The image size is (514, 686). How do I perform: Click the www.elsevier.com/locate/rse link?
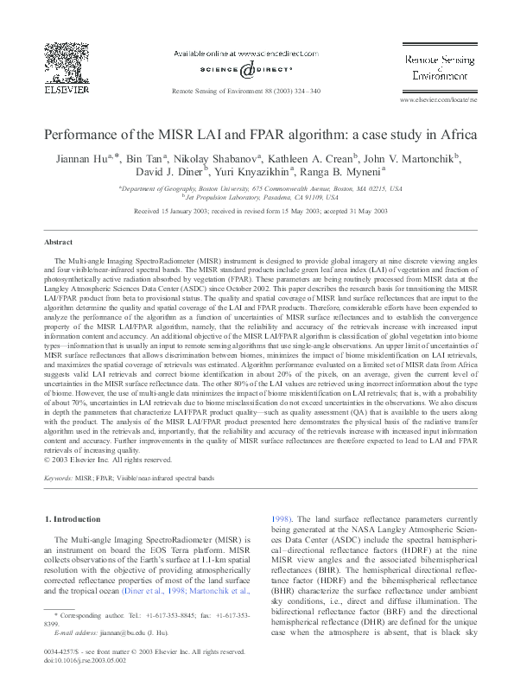point(436,100)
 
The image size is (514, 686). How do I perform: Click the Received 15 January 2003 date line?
point(257,211)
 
